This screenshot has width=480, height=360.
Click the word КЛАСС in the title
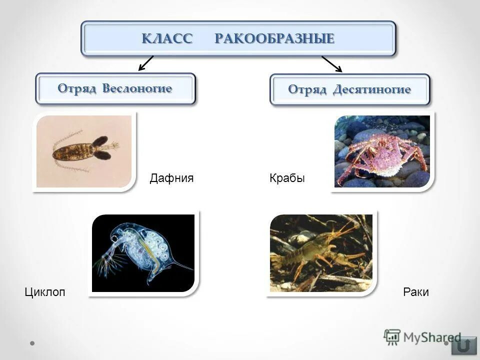pyautogui.click(x=167, y=38)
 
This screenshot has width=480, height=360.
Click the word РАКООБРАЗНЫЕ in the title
pyautogui.click(x=274, y=38)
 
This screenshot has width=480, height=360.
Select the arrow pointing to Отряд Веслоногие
pyautogui.click(x=145, y=63)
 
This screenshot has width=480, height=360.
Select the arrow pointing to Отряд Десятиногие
pyautogui.click(x=331, y=63)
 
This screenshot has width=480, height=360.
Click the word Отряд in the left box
pyautogui.click(x=77, y=88)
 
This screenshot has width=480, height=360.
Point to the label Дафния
pyautogui.click(x=171, y=178)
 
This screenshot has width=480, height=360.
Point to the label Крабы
pyautogui.click(x=287, y=178)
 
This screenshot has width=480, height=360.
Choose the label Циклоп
pyautogui.click(x=45, y=292)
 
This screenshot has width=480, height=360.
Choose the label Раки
pyautogui.click(x=416, y=292)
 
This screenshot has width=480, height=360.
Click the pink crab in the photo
pyautogui.click(x=381, y=152)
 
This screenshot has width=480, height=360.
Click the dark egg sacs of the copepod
pyautogui.click(x=101, y=148)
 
